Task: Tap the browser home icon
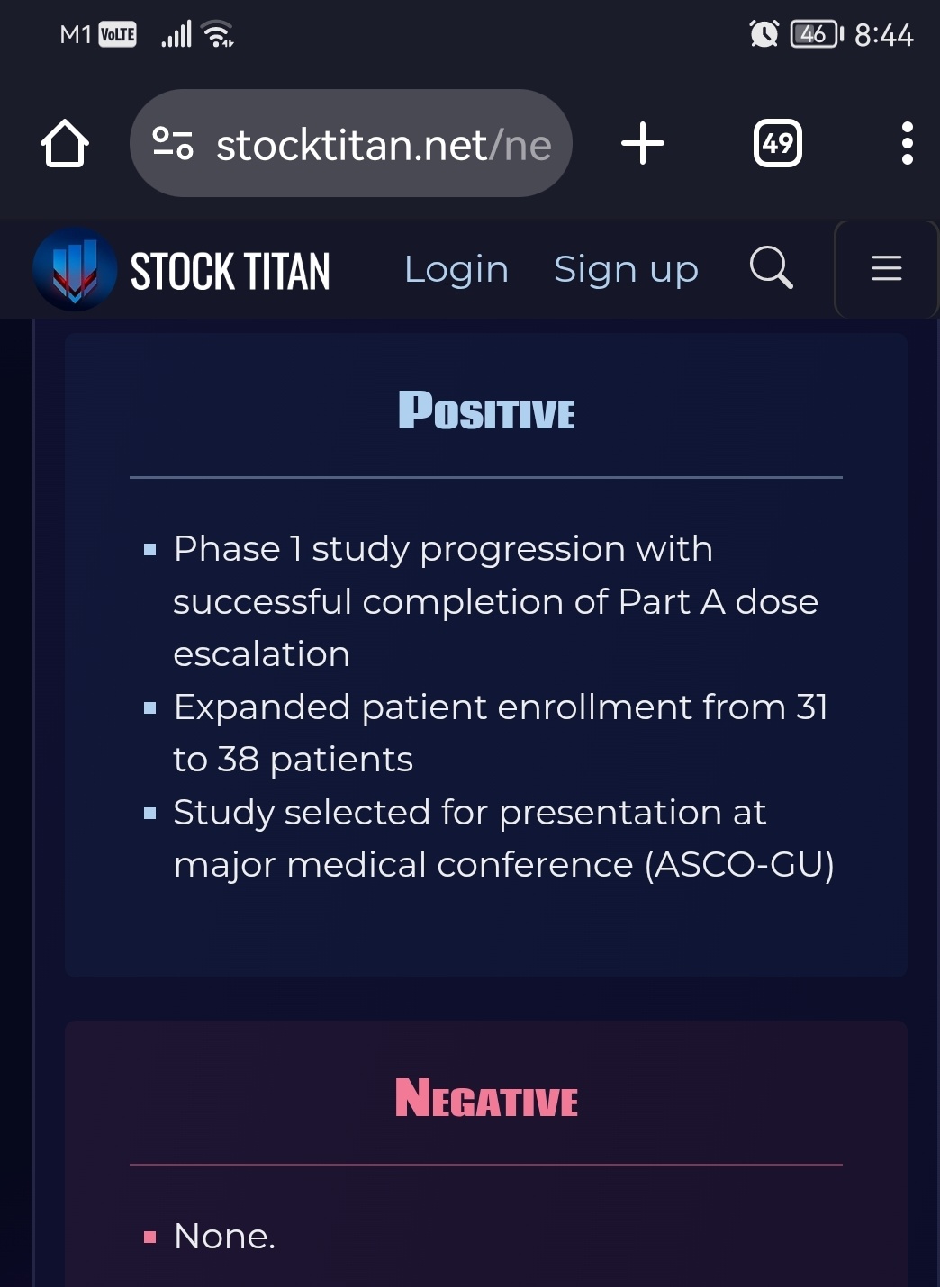tap(65, 144)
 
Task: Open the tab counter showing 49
tap(777, 143)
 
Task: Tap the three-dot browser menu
tap(908, 143)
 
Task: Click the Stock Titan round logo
tap(75, 269)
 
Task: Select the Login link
tap(456, 269)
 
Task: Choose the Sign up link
tap(626, 269)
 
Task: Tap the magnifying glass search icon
tap(772, 267)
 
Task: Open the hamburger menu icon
tap(887, 268)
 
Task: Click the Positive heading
tap(486, 409)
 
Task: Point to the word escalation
tap(262, 653)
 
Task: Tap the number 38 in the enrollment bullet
tap(238, 759)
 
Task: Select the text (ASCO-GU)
tap(739, 865)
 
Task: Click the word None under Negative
tap(225, 1236)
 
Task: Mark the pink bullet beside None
tap(150, 1237)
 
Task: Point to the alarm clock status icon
tap(764, 34)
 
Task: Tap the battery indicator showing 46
tap(817, 34)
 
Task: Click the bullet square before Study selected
tap(150, 813)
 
